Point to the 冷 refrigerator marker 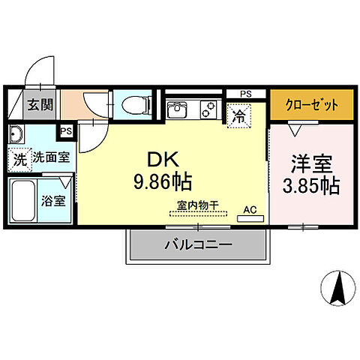point(238,115)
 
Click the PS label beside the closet point(246,94)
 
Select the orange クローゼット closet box point(310,104)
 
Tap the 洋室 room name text point(310,163)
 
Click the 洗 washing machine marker point(19,160)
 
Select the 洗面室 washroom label point(50,159)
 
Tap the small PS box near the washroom point(67,130)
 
